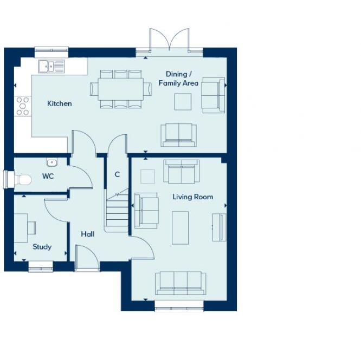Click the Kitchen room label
click(59, 103)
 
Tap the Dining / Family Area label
click(178, 78)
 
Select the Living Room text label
click(192, 197)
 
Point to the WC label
click(48, 176)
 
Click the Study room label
click(42, 247)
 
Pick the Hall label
click(87, 234)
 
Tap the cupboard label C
click(117, 175)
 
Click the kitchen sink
click(51, 66)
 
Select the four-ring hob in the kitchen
click(23, 106)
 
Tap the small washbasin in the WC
click(52, 162)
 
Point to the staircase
click(117, 211)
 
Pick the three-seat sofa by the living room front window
click(181, 283)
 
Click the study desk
click(21, 228)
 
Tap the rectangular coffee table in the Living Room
click(181, 227)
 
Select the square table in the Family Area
click(183, 101)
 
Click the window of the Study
click(41, 266)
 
